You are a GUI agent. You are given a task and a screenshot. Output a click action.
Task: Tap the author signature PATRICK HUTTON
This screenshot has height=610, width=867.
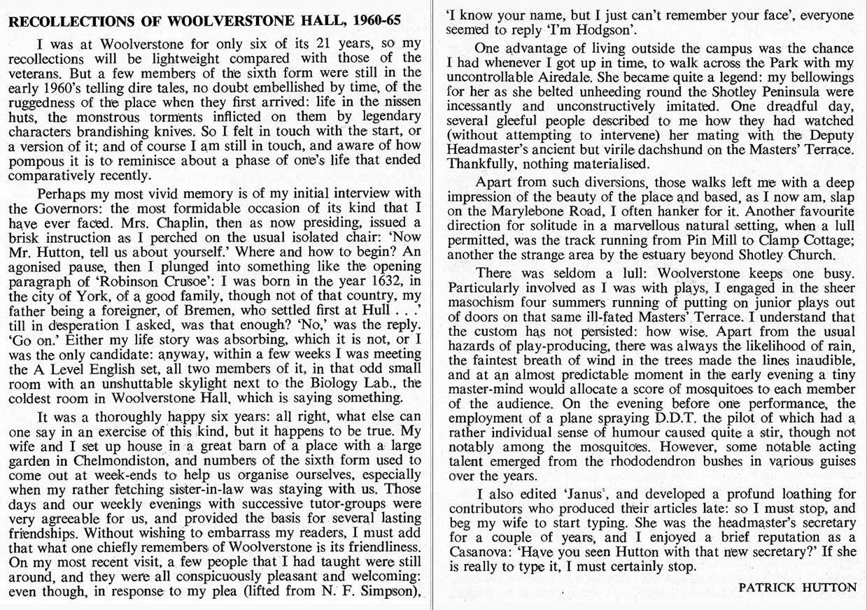click(797, 588)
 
